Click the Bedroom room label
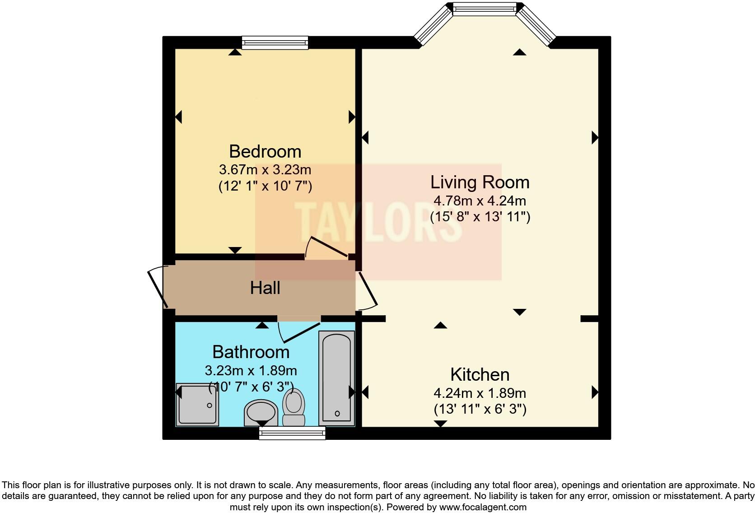(265, 152)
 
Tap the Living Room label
(480, 182)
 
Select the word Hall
(265, 288)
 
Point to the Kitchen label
(480, 374)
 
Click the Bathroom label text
(251, 352)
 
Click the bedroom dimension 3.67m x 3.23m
(265, 169)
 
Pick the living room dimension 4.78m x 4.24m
(480, 201)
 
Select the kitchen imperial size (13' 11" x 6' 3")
(480, 409)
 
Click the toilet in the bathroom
(294, 407)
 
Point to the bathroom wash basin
(261, 413)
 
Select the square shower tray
(197, 404)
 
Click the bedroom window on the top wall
(275, 43)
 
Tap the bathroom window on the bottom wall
(292, 433)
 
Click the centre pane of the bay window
(484, 9)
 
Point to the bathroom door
(298, 332)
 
